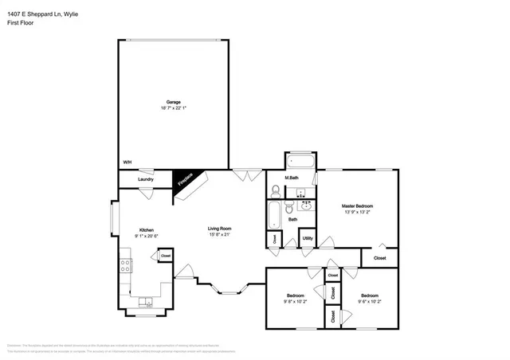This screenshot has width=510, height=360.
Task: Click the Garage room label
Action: point(173,102)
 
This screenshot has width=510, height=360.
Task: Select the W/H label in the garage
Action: point(127,162)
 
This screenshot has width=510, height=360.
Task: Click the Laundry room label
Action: point(145,179)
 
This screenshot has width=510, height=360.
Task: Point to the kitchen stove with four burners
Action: point(125,265)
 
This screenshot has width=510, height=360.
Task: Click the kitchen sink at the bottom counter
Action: point(146,303)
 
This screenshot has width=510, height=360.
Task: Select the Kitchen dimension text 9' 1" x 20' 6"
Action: point(146,235)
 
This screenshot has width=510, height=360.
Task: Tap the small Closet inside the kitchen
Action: point(166,256)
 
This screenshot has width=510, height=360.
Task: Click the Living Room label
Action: point(220,228)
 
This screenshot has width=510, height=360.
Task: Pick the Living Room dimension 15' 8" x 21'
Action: point(220,235)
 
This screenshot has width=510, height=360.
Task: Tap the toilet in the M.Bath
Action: point(275,191)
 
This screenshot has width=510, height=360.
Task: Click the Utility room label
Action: point(308,238)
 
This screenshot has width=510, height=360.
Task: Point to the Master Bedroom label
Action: point(357,205)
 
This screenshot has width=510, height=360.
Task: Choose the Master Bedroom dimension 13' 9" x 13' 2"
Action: point(357,213)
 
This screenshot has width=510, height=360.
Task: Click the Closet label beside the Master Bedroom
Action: point(380,258)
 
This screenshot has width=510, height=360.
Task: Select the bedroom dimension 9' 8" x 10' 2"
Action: point(295,302)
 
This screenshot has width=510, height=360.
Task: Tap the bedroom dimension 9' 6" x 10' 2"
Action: point(371,302)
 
